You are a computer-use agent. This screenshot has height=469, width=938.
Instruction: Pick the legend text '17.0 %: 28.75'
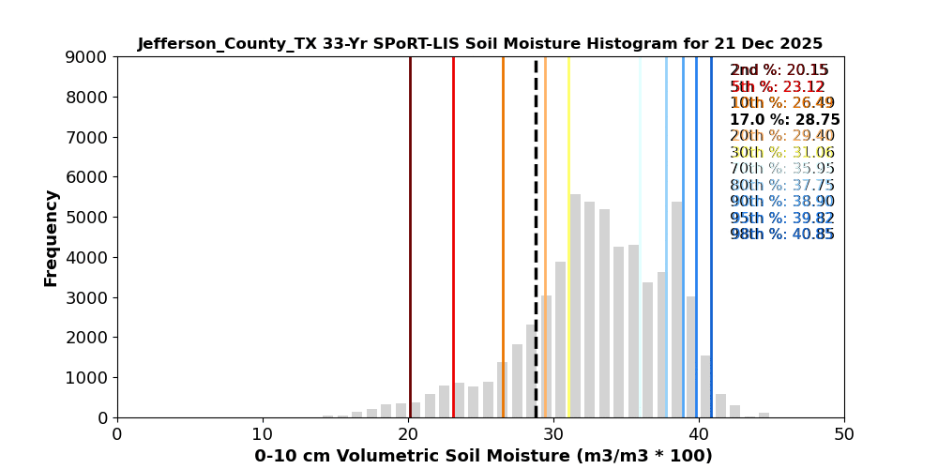pyautogui.click(x=784, y=120)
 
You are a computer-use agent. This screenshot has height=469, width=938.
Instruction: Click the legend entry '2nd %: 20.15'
pyautogui.click(x=779, y=70)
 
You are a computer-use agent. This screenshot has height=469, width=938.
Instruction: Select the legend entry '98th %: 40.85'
pyautogui.click(x=782, y=234)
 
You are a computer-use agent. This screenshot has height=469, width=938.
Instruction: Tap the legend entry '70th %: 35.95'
pyautogui.click(x=782, y=169)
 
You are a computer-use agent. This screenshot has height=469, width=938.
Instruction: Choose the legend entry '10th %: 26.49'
pyautogui.click(x=782, y=103)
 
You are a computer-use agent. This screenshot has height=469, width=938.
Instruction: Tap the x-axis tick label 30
pyautogui.click(x=553, y=434)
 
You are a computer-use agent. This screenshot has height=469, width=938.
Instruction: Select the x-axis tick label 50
pyautogui.click(x=844, y=434)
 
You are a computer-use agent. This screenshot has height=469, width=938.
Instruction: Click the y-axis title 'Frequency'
pyautogui.click(x=52, y=237)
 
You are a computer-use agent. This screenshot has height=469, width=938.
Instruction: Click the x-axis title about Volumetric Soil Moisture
pyautogui.click(x=483, y=456)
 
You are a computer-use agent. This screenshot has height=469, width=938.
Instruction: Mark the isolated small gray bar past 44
pyautogui.click(x=764, y=415)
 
